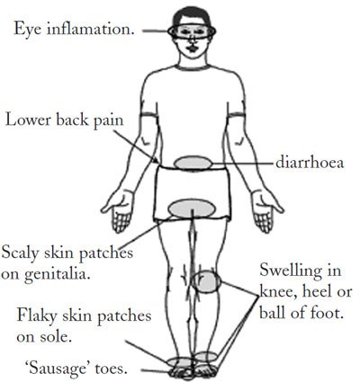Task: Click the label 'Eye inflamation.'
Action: click(x=74, y=30)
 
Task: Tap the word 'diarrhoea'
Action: click(x=310, y=163)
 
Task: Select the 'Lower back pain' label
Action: click(x=65, y=120)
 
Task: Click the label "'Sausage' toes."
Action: click(x=76, y=369)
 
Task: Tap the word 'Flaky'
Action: click(x=37, y=315)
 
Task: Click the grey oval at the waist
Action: click(x=193, y=164)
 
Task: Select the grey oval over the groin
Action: click(x=192, y=209)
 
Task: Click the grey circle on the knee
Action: click(x=206, y=281)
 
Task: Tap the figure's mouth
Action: click(x=191, y=49)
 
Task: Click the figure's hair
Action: click(x=192, y=15)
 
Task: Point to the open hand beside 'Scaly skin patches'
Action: click(x=119, y=209)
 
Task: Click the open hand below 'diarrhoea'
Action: click(x=265, y=209)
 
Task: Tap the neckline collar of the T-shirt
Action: click(x=193, y=67)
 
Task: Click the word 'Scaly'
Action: click(x=21, y=253)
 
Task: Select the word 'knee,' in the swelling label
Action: click(x=279, y=292)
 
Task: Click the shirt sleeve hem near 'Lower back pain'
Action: click(x=149, y=114)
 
